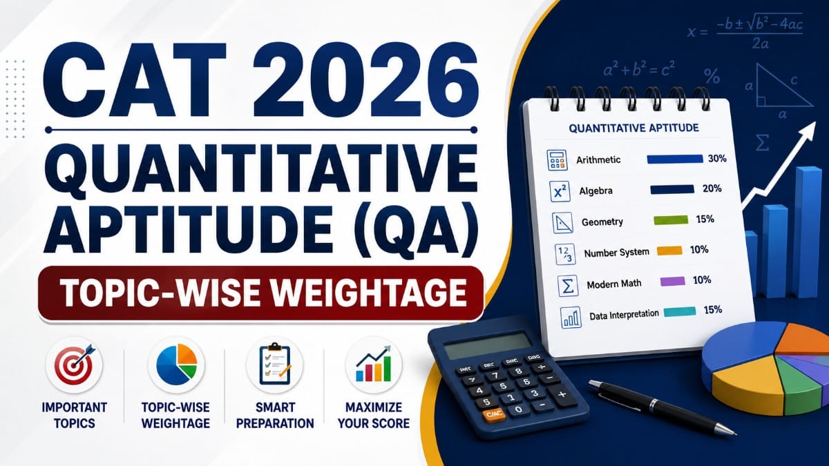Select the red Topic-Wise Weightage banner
click(260, 293)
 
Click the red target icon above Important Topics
click(75, 365)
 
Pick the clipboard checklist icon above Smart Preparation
click(275, 365)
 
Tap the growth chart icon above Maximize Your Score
click(374, 365)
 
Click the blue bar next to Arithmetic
click(675, 159)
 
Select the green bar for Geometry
click(671, 220)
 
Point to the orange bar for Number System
click(669, 251)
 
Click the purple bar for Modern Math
click(672, 282)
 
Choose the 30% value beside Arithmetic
click(717, 159)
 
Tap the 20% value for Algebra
click(712, 188)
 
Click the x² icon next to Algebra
click(560, 191)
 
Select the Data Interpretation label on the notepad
click(624, 315)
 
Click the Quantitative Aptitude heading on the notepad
click(633, 128)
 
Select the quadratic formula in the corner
click(745, 33)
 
